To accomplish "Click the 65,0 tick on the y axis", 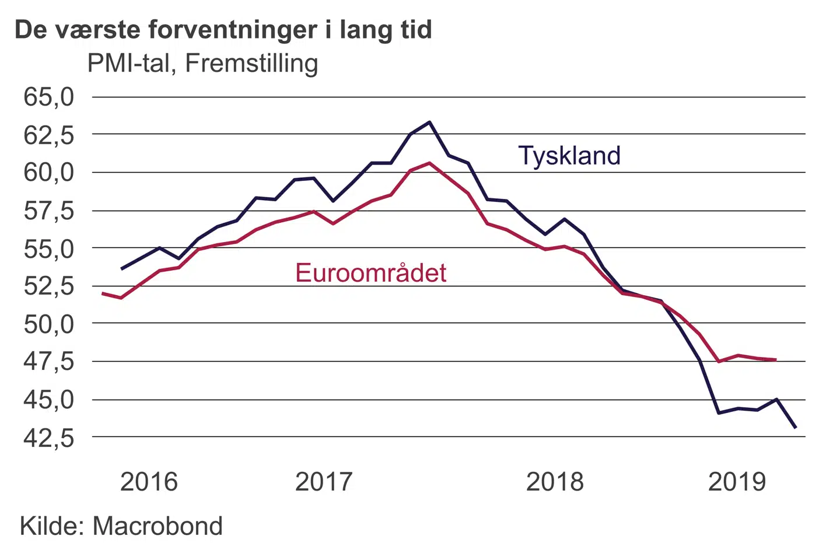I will click(49, 97).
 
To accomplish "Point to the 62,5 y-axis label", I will click(49, 135).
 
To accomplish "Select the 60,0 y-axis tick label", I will click(49, 173).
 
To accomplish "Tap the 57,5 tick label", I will click(49, 211).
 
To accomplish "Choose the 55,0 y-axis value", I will click(49, 249).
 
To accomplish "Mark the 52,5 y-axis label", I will click(49, 286).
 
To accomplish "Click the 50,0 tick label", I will click(49, 324).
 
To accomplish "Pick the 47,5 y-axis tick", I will click(49, 362).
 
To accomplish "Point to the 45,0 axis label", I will click(49, 400).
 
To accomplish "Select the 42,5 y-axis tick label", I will click(49, 437).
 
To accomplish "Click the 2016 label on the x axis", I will click(149, 482).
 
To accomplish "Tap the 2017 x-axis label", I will click(324, 482).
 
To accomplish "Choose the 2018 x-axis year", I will click(555, 482).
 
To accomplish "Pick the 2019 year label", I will click(737, 482).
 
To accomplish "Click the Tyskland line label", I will click(569, 156).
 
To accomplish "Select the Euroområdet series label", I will click(371, 273).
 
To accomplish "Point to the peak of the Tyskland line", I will click(429, 122).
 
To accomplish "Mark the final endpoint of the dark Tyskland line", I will click(796, 428).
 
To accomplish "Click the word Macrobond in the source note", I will click(157, 526).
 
